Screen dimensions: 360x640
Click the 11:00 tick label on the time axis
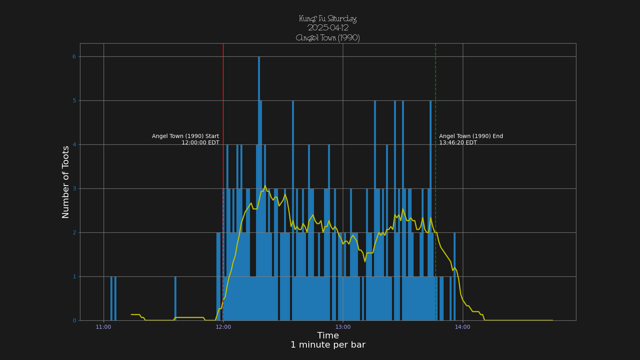click(103, 327)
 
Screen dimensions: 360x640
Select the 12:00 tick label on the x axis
click(223, 327)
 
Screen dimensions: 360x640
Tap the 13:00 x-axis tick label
click(343, 327)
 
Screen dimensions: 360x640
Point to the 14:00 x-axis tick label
click(462, 327)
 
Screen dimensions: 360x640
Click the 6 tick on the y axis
click(74, 57)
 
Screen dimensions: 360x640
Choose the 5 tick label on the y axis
click(74, 101)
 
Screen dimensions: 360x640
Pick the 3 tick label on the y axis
click(74, 189)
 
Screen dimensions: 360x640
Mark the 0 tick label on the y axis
click(74, 321)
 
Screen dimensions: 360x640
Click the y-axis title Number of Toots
click(66, 182)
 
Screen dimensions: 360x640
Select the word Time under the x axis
click(328, 336)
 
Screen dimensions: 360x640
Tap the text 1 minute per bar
click(328, 345)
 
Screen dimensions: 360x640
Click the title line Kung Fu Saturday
click(328, 19)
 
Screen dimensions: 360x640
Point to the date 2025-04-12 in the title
click(328, 28)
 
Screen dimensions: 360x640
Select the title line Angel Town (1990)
click(328, 38)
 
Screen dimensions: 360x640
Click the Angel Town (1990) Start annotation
click(186, 136)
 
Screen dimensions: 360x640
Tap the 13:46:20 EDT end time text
click(458, 143)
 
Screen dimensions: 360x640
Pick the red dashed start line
click(223, 100)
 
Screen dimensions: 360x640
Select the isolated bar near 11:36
click(175, 298)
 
